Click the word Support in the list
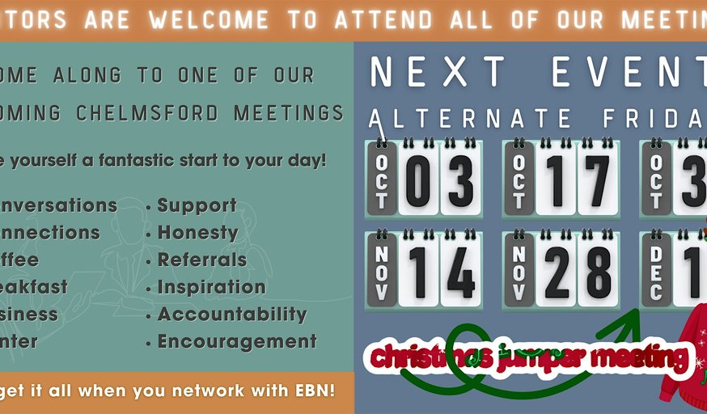197,205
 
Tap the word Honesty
197,233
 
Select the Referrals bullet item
201,260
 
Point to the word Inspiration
211,287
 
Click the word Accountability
231,315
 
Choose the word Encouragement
236,342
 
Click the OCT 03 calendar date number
439,180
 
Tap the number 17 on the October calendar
577,180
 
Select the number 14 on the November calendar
440,272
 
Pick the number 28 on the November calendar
577,272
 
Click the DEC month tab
656,272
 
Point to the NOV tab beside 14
382,272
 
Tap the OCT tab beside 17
519,180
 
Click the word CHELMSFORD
147,112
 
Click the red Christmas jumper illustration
684,356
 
